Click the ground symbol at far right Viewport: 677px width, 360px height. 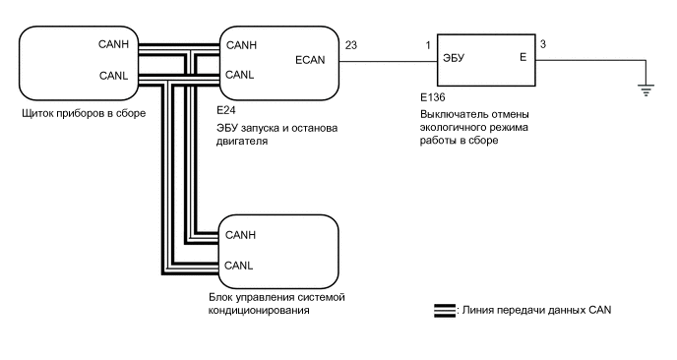coord(646,90)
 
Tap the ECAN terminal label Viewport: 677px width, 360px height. coord(310,60)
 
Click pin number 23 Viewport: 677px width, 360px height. coord(351,45)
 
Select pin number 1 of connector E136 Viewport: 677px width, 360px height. coord(428,45)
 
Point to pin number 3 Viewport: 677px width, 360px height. coord(543,44)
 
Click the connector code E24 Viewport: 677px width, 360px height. coord(226,110)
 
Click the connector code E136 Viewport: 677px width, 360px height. coord(433,97)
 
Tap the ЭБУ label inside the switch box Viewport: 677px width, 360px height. coord(454,58)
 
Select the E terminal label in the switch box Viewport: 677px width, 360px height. coord(523,57)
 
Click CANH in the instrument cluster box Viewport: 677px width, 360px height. coord(113,44)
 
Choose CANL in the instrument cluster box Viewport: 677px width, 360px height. coord(113,76)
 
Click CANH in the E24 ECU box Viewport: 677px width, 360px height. coord(241,45)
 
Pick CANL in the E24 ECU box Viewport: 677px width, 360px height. coord(240,75)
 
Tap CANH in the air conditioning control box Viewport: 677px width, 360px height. coord(240,235)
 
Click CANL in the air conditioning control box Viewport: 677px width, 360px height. coord(239,265)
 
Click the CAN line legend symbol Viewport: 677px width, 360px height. coord(445,311)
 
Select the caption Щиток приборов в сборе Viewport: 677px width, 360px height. coord(84,113)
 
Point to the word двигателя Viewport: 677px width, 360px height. coord(242,142)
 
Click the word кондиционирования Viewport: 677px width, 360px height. coord(259,311)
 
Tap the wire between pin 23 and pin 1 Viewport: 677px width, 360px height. coord(388,61)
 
